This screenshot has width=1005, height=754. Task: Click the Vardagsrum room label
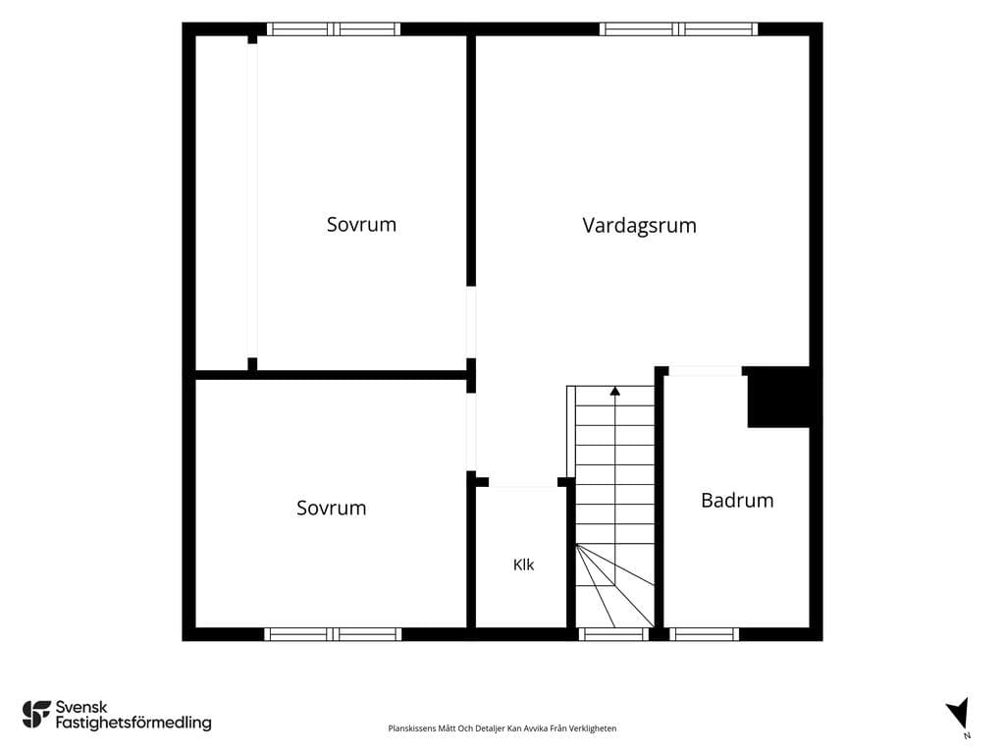[639, 226]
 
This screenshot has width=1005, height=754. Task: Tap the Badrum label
[737, 500]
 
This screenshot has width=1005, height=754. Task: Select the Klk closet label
[523, 565]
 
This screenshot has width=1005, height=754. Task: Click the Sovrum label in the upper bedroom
[361, 225]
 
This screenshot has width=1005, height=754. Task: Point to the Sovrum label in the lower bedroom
[332, 508]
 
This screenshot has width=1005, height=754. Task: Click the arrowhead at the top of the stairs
[615, 391]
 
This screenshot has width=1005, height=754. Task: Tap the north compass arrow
[959, 713]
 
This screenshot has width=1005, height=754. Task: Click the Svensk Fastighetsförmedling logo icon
[36, 715]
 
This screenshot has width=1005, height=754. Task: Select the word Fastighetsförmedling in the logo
[133, 723]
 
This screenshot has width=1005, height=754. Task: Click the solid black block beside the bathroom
[778, 397]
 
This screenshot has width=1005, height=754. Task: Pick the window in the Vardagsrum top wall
[679, 28]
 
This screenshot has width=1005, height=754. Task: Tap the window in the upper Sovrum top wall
[334, 28]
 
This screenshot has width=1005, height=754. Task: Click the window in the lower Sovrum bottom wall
[333, 635]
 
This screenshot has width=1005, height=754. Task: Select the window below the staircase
[614, 635]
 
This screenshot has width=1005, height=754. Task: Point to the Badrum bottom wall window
[705, 635]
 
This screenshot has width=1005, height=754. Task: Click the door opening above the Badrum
[705, 371]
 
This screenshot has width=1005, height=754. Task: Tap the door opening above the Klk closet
[523, 482]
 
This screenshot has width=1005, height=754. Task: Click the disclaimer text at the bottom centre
[502, 728]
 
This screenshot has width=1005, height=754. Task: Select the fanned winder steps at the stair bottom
[615, 586]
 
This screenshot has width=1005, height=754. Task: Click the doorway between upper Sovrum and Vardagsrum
[471, 322]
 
